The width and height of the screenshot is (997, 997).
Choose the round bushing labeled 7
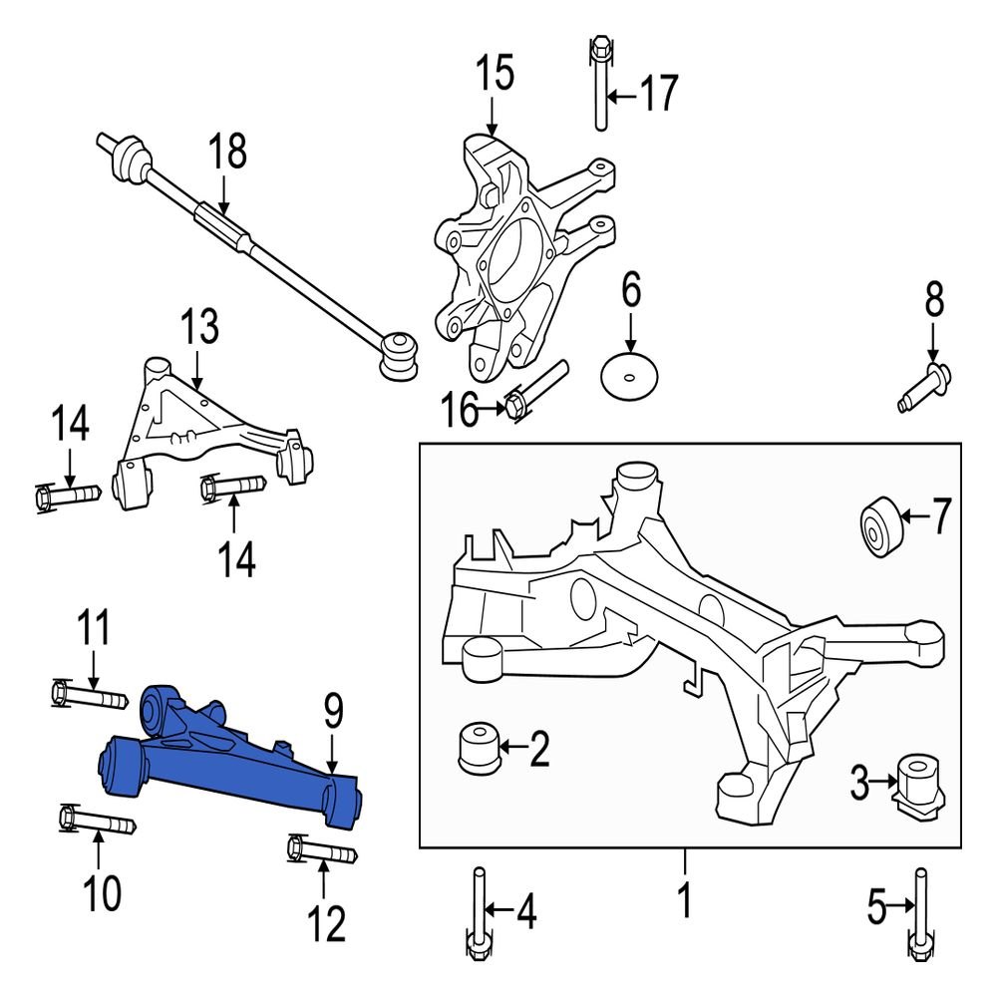point(877,525)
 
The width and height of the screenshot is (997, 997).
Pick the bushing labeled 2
point(478,749)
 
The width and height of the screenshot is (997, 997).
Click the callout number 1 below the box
point(684,903)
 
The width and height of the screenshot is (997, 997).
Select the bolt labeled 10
point(94,823)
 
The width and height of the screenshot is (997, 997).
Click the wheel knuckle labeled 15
point(508,259)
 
